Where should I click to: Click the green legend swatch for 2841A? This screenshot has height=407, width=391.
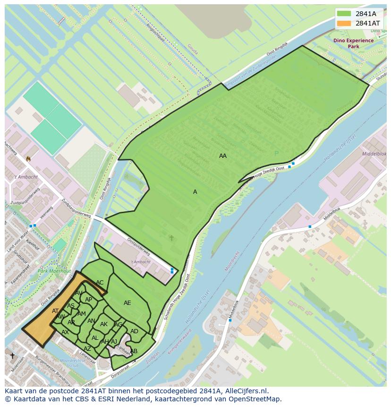tap(344, 14)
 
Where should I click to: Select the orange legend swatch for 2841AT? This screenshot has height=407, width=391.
tap(344, 23)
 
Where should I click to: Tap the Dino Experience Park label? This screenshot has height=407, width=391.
tap(353, 43)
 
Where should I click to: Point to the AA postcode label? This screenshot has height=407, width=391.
tap(223, 156)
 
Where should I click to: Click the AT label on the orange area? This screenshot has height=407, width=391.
tap(55, 311)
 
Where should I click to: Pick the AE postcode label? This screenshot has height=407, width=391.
tap(127, 303)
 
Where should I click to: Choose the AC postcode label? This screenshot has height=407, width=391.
tap(100, 283)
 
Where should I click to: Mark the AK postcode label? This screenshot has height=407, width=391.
tap(104, 324)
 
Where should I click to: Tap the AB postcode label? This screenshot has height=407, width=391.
tap(134, 351)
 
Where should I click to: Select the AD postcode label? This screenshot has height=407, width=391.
tap(134, 331)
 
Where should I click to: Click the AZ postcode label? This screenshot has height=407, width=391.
tap(87, 349)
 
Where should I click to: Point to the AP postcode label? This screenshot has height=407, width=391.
tap(88, 300)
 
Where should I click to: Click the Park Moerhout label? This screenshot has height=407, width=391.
tap(54, 271)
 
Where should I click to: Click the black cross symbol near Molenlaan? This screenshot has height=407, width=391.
tap(12, 355)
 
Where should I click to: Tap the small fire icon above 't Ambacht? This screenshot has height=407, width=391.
tap(28, 159)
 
